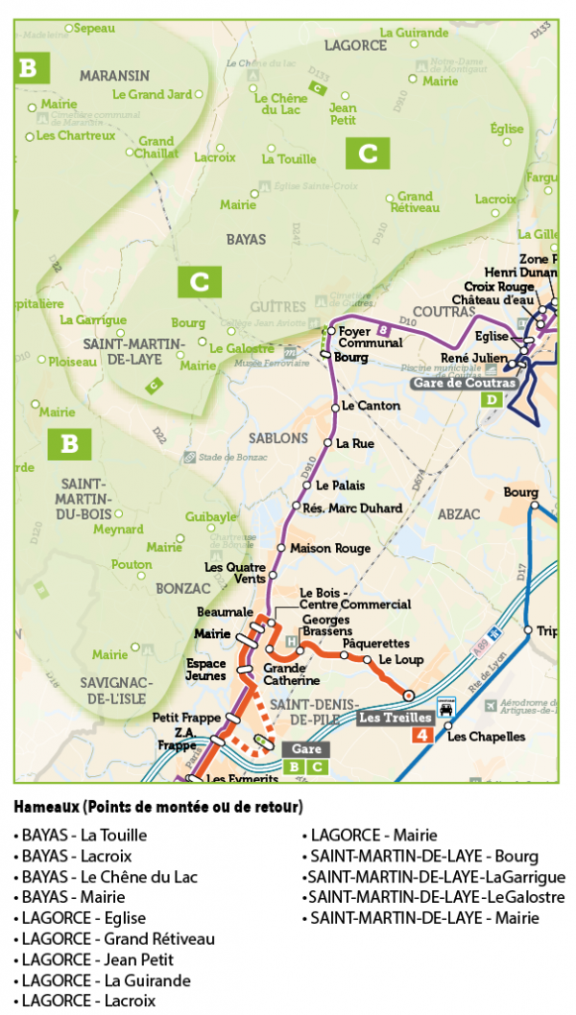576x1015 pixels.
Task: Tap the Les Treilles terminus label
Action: point(395,717)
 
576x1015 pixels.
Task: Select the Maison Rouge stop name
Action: point(330,548)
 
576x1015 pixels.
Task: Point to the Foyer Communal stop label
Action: point(370,337)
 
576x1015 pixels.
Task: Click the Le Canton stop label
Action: point(370,406)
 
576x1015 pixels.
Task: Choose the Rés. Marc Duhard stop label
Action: point(352,508)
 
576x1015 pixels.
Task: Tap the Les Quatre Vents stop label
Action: point(235,572)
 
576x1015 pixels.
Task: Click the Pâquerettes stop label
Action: point(376,643)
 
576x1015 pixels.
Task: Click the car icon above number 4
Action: point(446,710)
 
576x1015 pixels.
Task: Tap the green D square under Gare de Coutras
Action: point(492,400)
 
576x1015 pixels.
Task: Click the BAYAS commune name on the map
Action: point(246,240)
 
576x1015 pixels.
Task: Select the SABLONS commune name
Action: point(279,437)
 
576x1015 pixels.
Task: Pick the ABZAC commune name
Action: point(457,513)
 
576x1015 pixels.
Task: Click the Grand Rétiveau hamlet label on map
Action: point(415,202)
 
